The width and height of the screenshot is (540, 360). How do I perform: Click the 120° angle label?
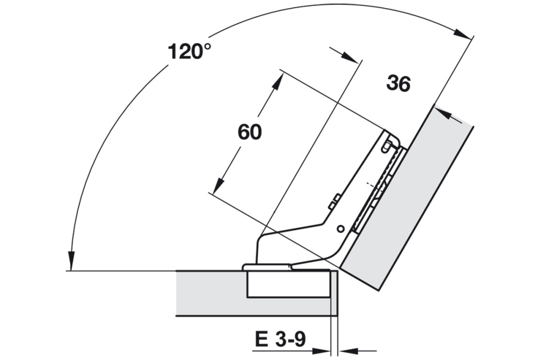point(189,52)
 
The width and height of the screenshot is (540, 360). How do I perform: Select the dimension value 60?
point(249,132)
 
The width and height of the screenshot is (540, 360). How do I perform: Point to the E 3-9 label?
point(279,340)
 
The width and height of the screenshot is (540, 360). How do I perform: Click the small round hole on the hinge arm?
point(340,228)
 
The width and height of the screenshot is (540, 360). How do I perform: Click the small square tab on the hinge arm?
point(334,201)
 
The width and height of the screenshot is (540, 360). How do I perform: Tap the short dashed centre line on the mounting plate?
point(373,185)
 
